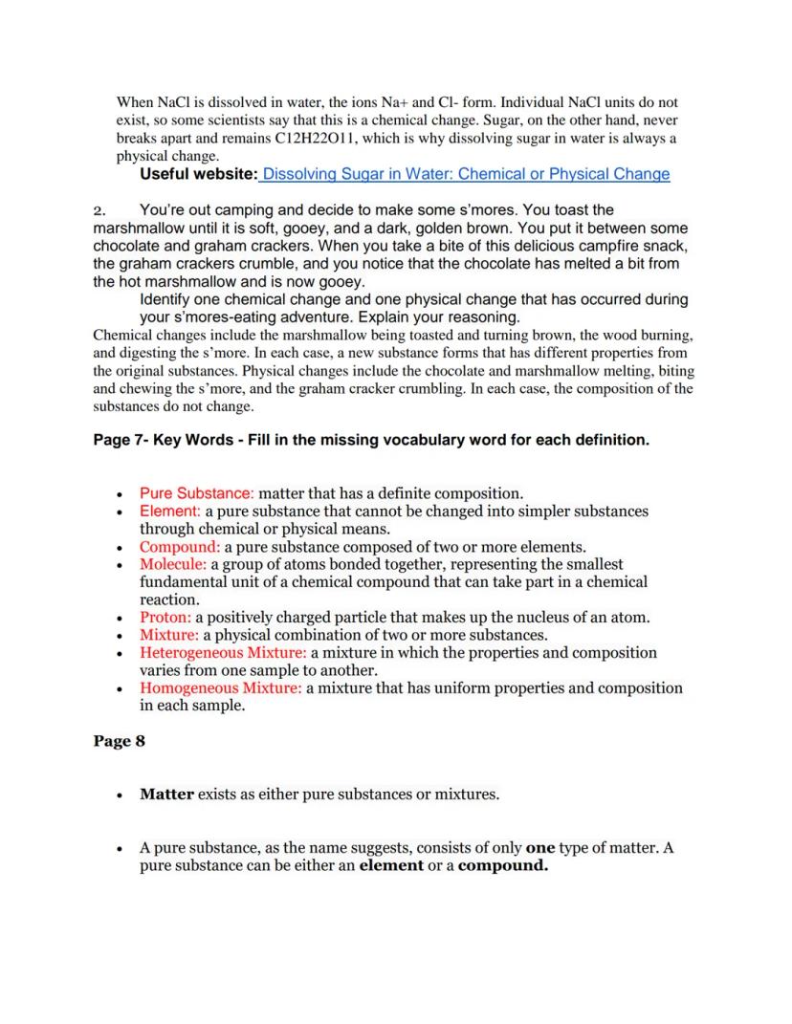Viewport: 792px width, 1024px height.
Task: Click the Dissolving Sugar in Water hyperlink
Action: tap(465, 174)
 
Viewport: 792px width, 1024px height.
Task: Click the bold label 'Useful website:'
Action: tap(198, 174)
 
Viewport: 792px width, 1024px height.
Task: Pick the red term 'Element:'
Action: tap(170, 512)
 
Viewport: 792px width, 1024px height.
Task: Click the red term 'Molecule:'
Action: tap(174, 564)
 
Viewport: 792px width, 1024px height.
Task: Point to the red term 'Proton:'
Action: tap(165, 618)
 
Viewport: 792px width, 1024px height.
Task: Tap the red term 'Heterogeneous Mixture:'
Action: tap(222, 653)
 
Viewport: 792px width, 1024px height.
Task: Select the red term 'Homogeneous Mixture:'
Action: tap(221, 688)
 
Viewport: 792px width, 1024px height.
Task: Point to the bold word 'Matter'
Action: tap(166, 794)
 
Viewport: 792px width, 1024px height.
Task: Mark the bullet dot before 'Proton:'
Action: tap(118, 619)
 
